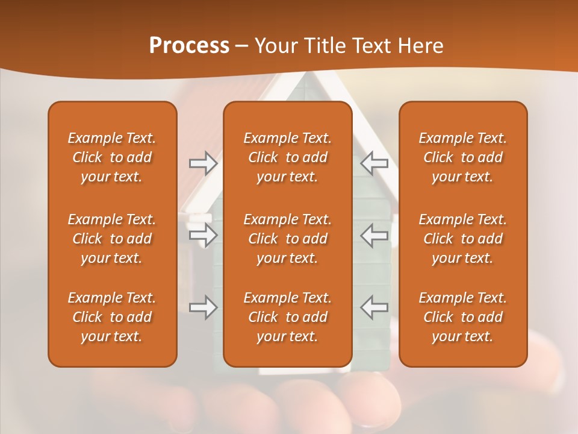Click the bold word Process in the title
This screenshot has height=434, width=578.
click(189, 46)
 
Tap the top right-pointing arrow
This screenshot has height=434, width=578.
click(203, 163)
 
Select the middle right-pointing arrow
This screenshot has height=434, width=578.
click(203, 234)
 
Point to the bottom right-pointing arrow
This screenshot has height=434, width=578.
click(203, 307)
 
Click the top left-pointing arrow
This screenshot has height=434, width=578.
click(374, 163)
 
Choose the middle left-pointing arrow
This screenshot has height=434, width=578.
click(374, 235)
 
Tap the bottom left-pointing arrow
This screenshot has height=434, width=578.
click(374, 307)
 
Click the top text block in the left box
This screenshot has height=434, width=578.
click(112, 157)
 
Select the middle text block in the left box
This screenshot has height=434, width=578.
click(112, 239)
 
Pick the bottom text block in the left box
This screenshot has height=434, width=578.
click(112, 317)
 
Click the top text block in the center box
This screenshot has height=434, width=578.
click(287, 157)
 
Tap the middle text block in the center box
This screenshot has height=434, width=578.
click(287, 239)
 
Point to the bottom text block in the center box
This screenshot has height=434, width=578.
click(287, 317)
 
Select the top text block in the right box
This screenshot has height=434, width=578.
click(462, 157)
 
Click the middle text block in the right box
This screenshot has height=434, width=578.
click(462, 239)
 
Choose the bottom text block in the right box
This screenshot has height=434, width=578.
click(462, 317)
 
